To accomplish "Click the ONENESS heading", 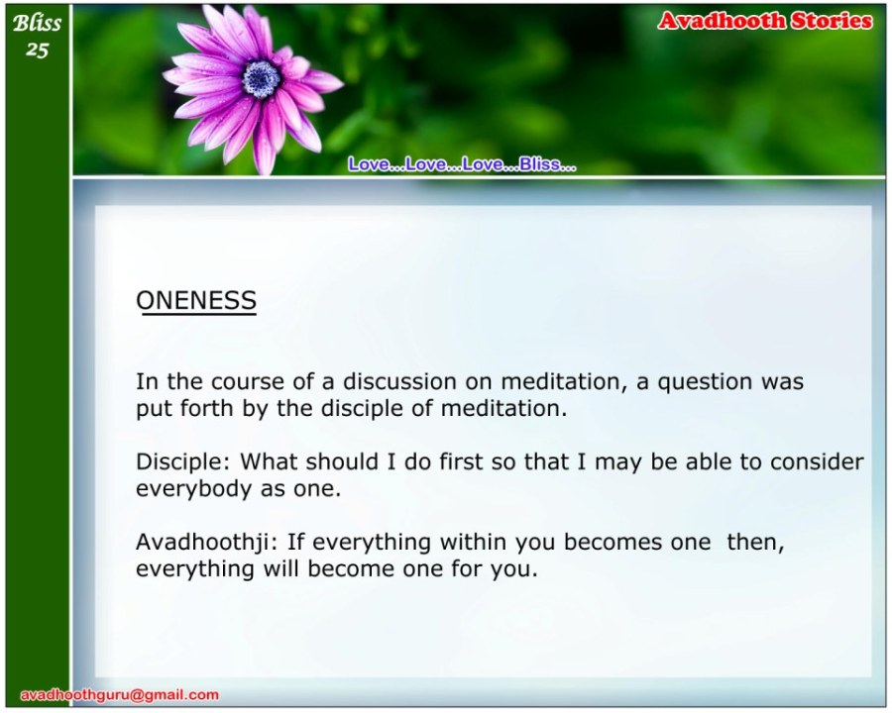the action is [x=196, y=300].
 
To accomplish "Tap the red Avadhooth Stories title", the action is [x=765, y=21].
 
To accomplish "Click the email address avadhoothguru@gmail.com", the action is [x=120, y=695].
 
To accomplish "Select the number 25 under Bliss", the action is [x=37, y=51].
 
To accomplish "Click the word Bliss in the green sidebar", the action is [x=37, y=23].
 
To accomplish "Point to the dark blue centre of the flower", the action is [x=262, y=79].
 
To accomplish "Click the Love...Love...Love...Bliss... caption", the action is [x=462, y=164].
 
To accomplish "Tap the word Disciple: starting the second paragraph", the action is [x=182, y=461].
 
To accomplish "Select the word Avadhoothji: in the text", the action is [x=206, y=542].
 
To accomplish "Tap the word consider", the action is [x=817, y=461].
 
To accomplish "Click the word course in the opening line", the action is [x=248, y=382].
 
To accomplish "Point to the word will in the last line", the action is [x=281, y=569].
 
